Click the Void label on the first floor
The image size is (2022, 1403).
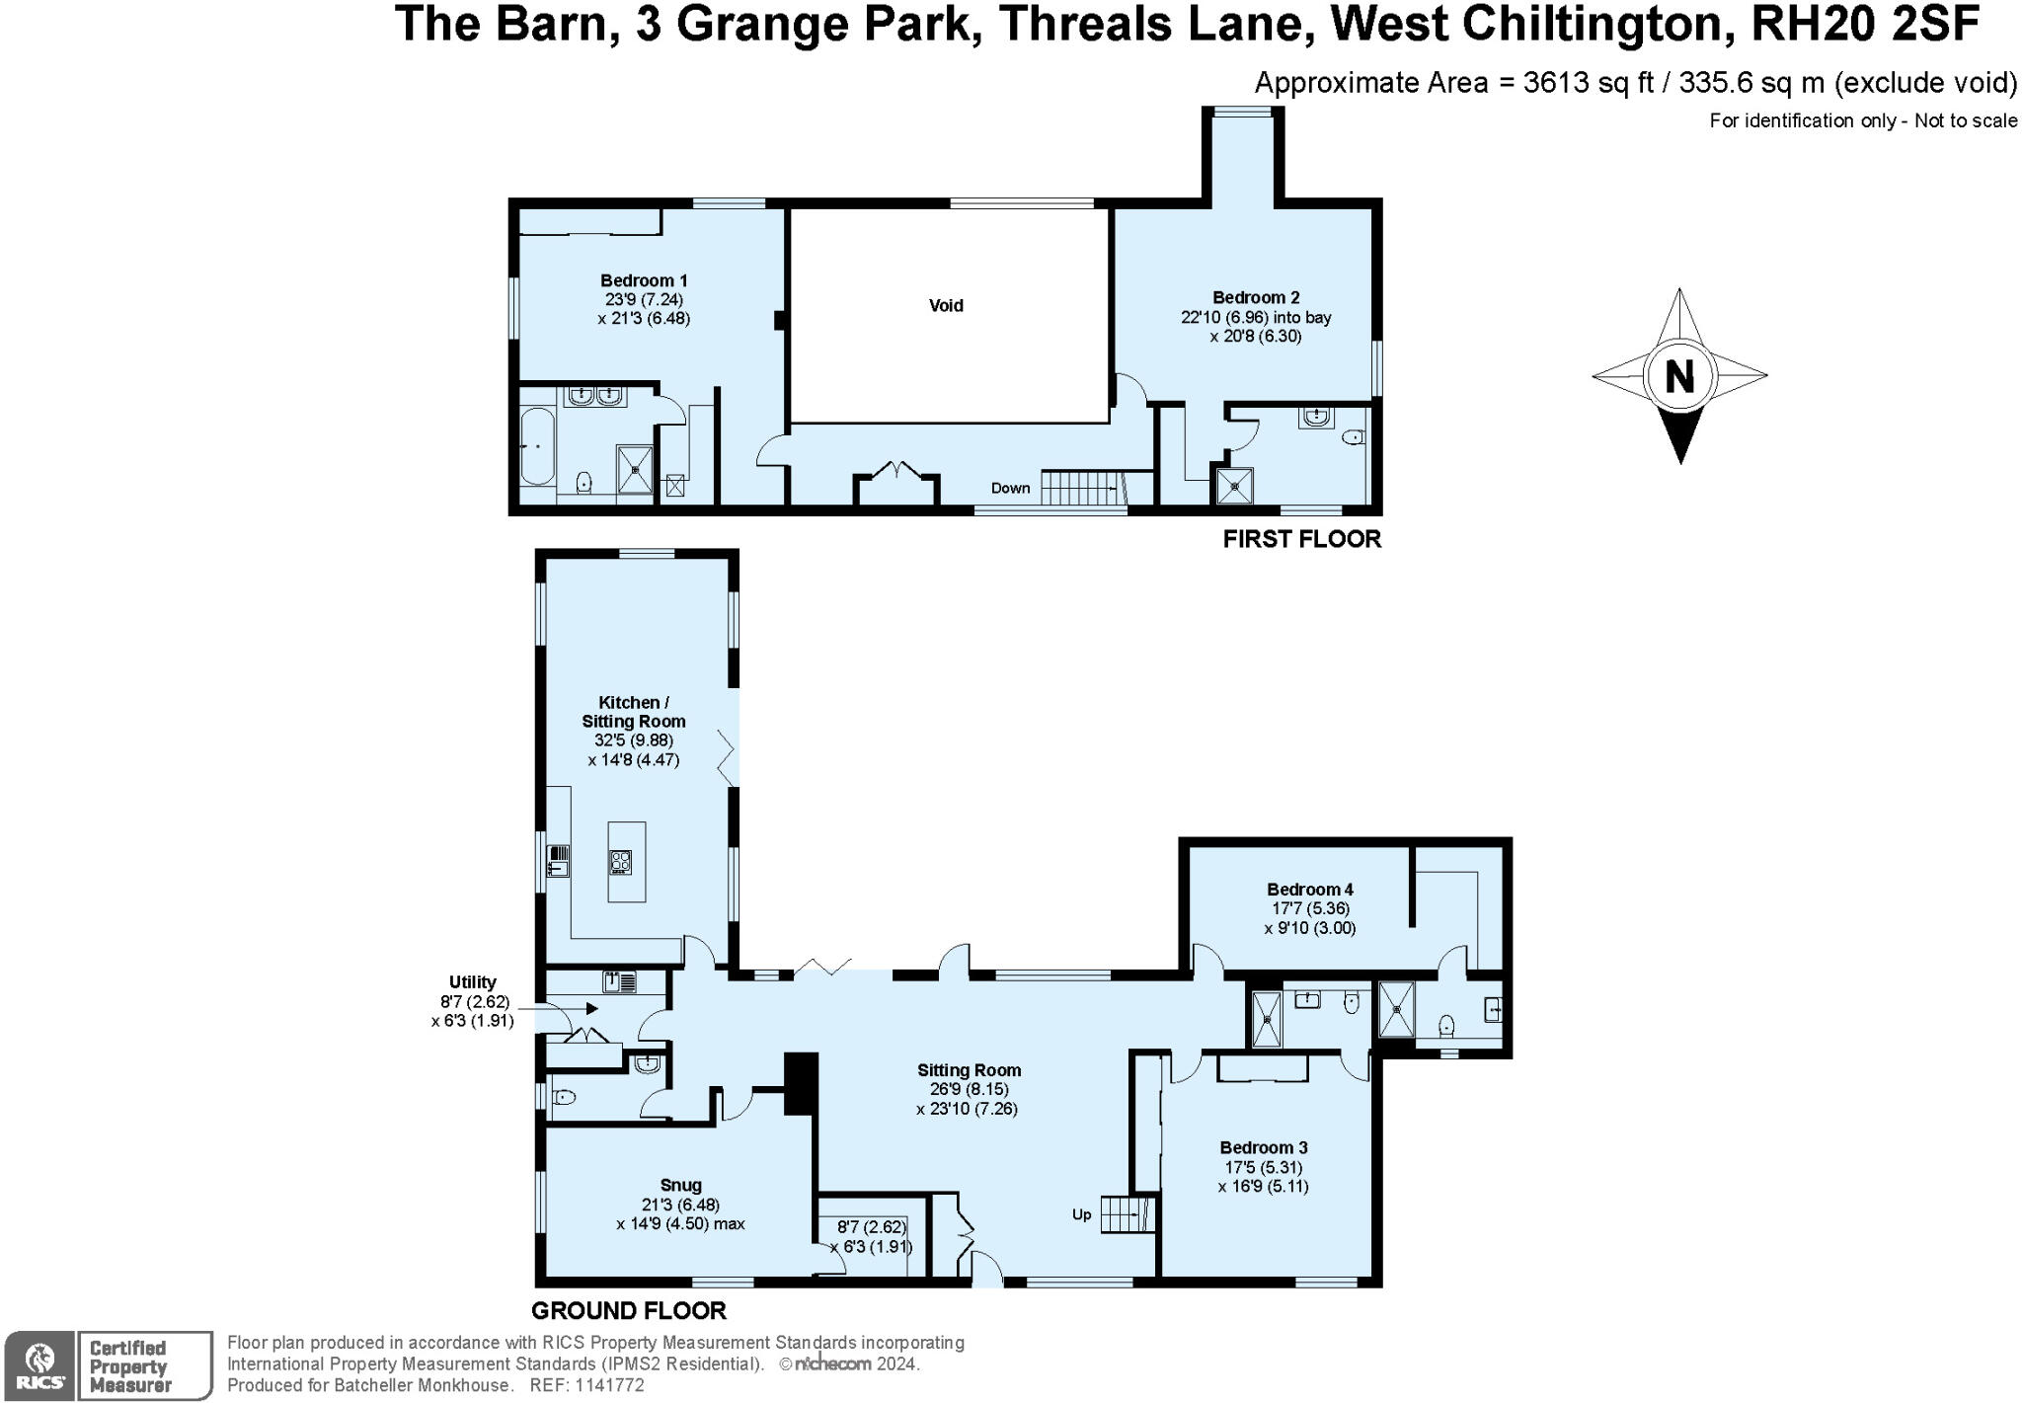945,306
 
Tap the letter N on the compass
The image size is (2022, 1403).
1679,376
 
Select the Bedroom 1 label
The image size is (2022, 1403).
643,280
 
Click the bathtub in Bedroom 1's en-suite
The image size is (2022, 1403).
537,447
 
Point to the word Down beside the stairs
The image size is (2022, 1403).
1010,488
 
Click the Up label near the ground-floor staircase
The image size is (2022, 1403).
1081,1214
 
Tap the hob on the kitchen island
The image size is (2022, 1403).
620,862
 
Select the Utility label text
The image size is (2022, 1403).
472,982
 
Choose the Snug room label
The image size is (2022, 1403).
680,1185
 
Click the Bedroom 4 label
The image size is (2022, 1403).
1309,889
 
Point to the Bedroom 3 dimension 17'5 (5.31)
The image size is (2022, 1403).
1263,1167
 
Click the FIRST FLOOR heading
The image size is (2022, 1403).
1301,539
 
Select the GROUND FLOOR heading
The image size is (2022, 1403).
628,1311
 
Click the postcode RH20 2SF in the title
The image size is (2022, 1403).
1864,25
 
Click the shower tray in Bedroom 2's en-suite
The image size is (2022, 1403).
1234,486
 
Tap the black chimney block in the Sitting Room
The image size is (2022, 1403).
801,1083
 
